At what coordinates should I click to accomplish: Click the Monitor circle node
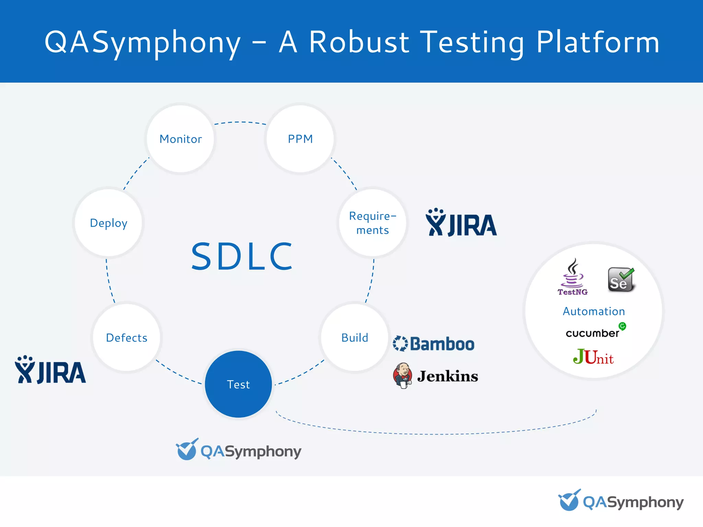coord(181,139)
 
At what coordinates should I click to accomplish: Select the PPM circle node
coord(300,139)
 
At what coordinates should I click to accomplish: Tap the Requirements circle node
coord(372,223)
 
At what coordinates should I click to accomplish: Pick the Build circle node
coord(355,338)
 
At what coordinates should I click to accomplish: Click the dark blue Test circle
coord(238,384)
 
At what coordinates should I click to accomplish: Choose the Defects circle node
coord(127,338)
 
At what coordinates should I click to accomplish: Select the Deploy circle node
coord(108,223)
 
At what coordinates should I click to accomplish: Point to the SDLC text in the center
coord(242,256)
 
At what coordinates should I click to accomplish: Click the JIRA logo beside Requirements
coord(461,223)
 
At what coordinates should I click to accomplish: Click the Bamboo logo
coord(434,344)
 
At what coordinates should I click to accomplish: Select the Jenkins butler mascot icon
coord(402,376)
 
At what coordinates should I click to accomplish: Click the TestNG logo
coord(572,278)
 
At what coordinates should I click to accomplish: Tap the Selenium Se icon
coord(621,280)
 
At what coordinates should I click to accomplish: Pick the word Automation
coord(594,311)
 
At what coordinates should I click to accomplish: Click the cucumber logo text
coord(593,333)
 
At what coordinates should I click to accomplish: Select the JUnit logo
coord(593,357)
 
